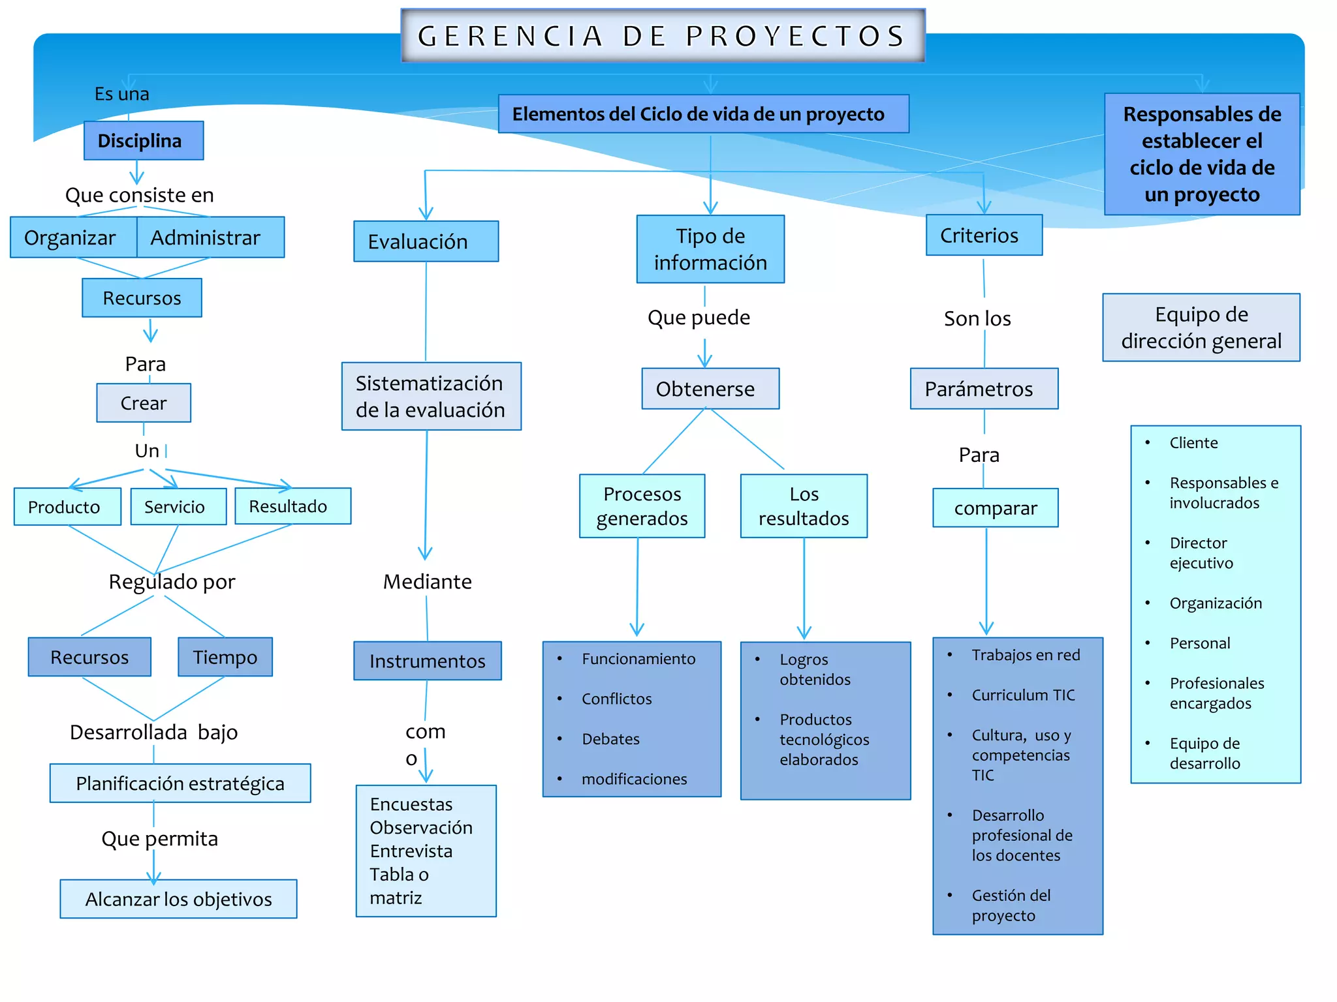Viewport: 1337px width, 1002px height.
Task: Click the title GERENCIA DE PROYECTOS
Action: pyautogui.click(x=662, y=36)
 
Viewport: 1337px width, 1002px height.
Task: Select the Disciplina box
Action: pyautogui.click(x=143, y=141)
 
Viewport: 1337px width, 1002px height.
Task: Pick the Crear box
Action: pyautogui.click(x=144, y=403)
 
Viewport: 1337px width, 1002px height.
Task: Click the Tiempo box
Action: pyautogui.click(x=225, y=657)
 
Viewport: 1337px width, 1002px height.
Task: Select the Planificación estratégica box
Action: pyautogui.click(x=180, y=783)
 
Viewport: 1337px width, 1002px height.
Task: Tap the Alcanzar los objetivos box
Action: pyautogui.click(x=178, y=899)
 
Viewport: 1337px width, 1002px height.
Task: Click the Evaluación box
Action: pyautogui.click(x=425, y=241)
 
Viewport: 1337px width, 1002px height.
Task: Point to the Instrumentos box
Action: pyautogui.click(x=428, y=661)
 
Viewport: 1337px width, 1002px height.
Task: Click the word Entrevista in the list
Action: pyautogui.click(x=411, y=851)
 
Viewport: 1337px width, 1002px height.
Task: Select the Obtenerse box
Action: pyautogui.click(x=710, y=389)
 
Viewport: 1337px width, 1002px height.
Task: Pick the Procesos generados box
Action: pyautogui.click(x=642, y=506)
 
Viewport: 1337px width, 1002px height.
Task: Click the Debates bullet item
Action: pyautogui.click(x=610, y=739)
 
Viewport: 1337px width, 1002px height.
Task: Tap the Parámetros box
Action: pyautogui.click(x=983, y=389)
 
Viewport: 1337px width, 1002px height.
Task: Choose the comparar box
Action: pyautogui.click(x=995, y=508)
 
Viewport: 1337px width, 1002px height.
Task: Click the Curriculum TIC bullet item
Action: pyautogui.click(x=1023, y=695)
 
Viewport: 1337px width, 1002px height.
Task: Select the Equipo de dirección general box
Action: pyautogui.click(x=1201, y=327)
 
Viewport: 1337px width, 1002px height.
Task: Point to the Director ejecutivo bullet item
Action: pyautogui.click(x=1201, y=553)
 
